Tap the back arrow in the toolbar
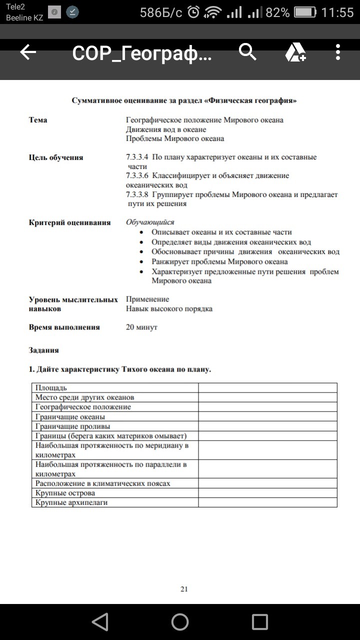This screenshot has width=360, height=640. [28, 52]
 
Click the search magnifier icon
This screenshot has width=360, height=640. [247, 51]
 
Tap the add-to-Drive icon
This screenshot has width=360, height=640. [295, 52]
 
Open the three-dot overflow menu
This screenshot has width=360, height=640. [338, 52]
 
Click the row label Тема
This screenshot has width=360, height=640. [38, 120]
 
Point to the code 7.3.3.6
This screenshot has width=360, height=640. [137, 176]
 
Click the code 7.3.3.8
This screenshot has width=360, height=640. [137, 194]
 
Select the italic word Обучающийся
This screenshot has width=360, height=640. [150, 222]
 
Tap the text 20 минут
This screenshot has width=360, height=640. [141, 327]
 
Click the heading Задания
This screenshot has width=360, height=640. [44, 350]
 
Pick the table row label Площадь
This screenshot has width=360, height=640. [51, 388]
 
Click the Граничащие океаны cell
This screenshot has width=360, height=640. [70, 417]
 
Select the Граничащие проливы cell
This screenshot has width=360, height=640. [72, 426]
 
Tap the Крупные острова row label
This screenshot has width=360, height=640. [65, 493]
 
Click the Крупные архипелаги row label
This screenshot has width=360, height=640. [71, 502]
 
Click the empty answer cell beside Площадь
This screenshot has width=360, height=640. [267, 388]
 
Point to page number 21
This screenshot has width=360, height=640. [184, 589]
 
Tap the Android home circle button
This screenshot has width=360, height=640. [180, 622]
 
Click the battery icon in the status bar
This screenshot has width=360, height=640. [305, 12]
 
